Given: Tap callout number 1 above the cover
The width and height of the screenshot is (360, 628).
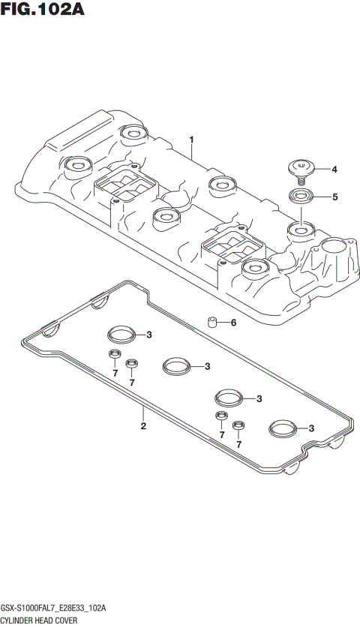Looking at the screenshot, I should (x=191, y=140).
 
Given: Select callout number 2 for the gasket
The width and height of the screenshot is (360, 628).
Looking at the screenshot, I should (x=142, y=427).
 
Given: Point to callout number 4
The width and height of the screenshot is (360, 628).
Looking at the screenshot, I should (x=334, y=170).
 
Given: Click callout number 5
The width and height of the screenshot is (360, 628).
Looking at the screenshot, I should (x=334, y=197).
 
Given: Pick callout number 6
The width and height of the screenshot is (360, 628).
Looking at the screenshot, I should (x=233, y=323).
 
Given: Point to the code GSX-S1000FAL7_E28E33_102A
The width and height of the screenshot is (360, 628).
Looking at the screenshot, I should (x=53, y=607).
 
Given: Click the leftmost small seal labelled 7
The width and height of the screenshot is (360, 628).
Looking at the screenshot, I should (x=114, y=355).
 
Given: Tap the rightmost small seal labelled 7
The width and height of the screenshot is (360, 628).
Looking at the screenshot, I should (x=238, y=427).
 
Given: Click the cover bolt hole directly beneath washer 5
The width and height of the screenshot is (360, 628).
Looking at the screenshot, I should (x=303, y=228).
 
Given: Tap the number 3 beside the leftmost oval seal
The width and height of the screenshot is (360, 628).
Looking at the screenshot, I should (x=150, y=335).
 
